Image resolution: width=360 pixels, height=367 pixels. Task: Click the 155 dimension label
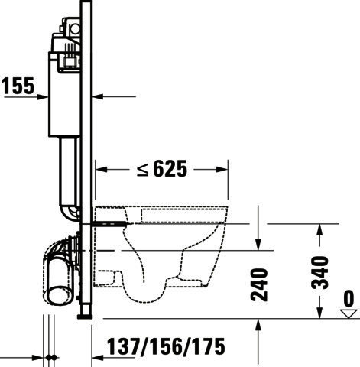point(18,86)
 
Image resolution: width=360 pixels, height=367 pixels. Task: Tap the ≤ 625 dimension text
point(162,169)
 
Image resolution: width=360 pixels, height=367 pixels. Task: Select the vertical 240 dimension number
point(259,284)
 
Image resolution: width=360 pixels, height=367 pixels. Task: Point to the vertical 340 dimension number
point(320,273)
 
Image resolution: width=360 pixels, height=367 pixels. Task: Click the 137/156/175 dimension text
point(166,346)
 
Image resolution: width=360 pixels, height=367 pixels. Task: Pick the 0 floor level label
point(349,299)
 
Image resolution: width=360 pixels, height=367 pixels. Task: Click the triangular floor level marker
point(349,313)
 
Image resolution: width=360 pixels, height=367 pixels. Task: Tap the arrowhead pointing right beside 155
point(42,97)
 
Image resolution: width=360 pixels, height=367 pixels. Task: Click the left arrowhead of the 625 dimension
point(101,169)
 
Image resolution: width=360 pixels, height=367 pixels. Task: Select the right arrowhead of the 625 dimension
point(222,169)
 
